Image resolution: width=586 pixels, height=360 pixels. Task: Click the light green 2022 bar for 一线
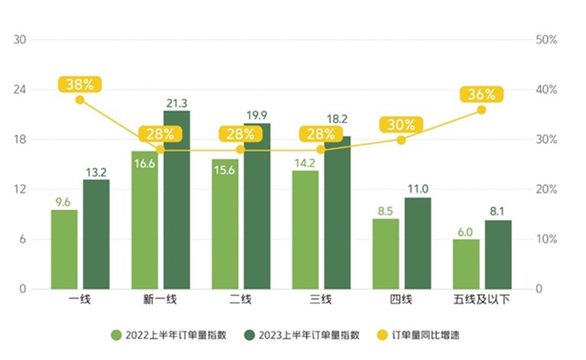[x=64, y=249]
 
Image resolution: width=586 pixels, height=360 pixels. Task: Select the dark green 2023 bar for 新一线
[x=176, y=200]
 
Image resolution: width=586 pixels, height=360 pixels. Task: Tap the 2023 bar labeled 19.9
[x=257, y=206]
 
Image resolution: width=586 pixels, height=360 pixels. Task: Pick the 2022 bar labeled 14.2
[x=305, y=230]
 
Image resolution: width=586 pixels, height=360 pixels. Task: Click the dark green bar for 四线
[x=418, y=243]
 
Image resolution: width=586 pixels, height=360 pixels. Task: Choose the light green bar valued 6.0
[x=466, y=264]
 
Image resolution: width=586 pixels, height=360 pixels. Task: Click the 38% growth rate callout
[x=79, y=85]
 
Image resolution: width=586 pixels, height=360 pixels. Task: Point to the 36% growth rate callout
[x=481, y=95]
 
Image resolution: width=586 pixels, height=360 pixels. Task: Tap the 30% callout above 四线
[x=401, y=125]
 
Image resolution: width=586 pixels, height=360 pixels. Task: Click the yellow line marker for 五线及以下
[x=481, y=110]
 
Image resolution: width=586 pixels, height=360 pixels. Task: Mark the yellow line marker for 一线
[x=79, y=100]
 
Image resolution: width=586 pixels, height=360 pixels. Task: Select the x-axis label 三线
[x=321, y=299]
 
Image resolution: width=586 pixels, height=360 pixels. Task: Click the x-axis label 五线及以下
[x=481, y=299]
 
